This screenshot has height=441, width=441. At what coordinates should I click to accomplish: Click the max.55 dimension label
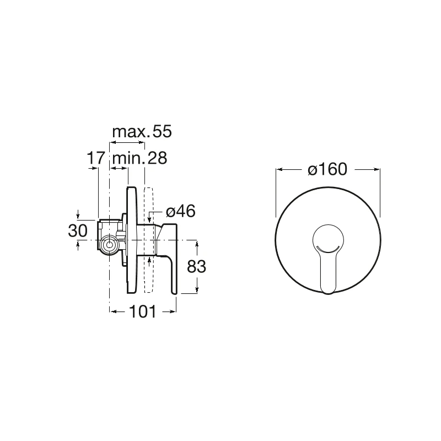pyautogui.click(x=142, y=132)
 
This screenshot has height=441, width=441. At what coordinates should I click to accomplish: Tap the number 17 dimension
pyautogui.click(x=95, y=158)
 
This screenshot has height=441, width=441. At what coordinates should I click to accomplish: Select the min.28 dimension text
pyautogui.click(x=140, y=158)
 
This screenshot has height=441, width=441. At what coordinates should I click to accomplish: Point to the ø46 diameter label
pyautogui.click(x=181, y=211)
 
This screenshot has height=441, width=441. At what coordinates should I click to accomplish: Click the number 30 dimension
pyautogui.click(x=78, y=231)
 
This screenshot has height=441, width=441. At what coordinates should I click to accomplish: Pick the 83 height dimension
pyautogui.click(x=197, y=266)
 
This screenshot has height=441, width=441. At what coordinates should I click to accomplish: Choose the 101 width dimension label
pyautogui.click(x=142, y=311)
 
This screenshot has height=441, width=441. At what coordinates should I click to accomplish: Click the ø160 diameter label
pyautogui.click(x=327, y=169)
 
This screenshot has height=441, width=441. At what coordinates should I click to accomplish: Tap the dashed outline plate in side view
pyautogui.click(x=148, y=240)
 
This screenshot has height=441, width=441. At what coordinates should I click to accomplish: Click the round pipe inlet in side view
pyautogui.click(x=109, y=245)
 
